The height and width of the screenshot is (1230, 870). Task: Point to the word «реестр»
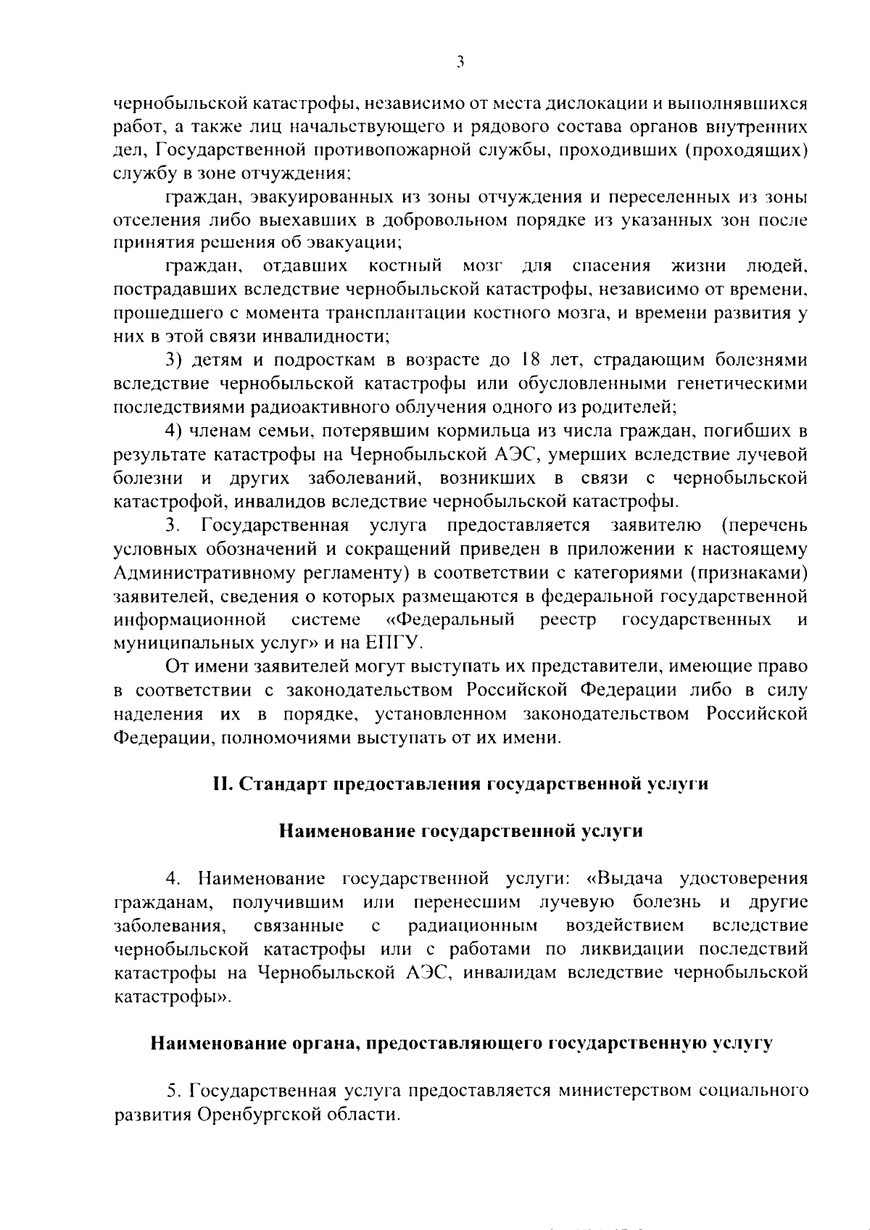pyautogui.click(x=568, y=620)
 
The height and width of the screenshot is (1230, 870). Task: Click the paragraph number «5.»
pyautogui.click(x=173, y=1090)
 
